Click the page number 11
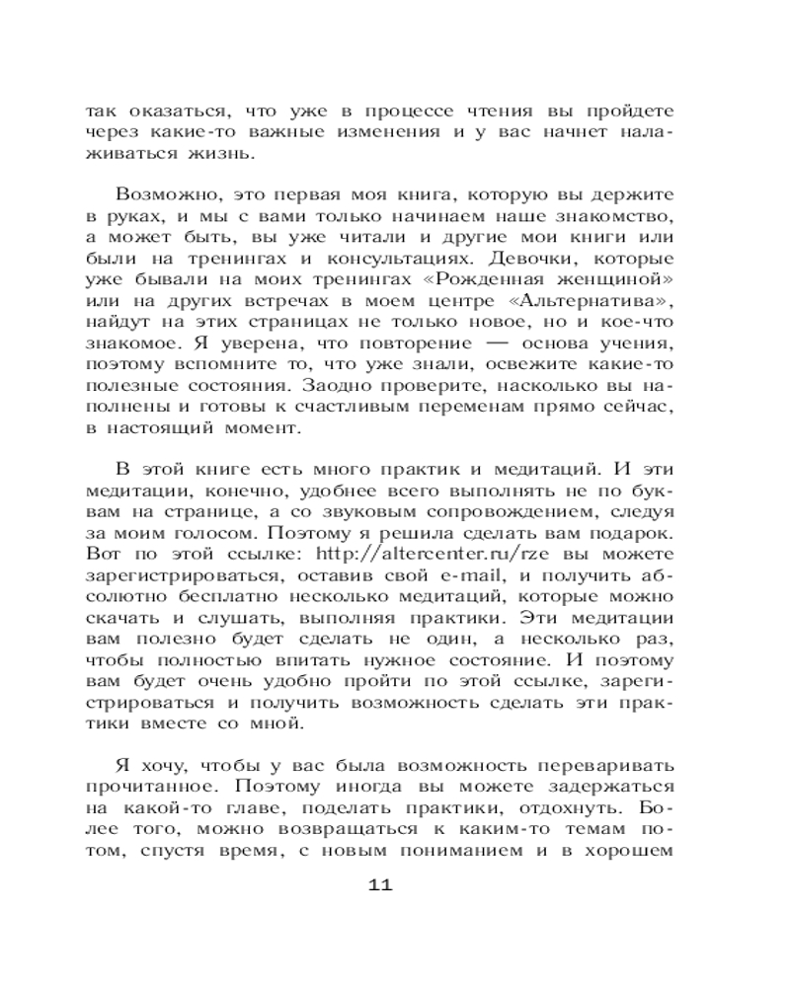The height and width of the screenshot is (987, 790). coord(380,884)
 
